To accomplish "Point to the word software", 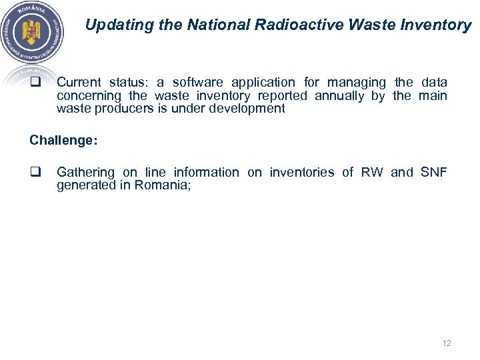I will click(198, 83).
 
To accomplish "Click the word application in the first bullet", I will click(263, 83).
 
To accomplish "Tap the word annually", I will click(340, 96).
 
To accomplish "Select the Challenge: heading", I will click(63, 141).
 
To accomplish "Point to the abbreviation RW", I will click(372, 172).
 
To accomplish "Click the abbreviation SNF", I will click(434, 172).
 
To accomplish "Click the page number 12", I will click(447, 343).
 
